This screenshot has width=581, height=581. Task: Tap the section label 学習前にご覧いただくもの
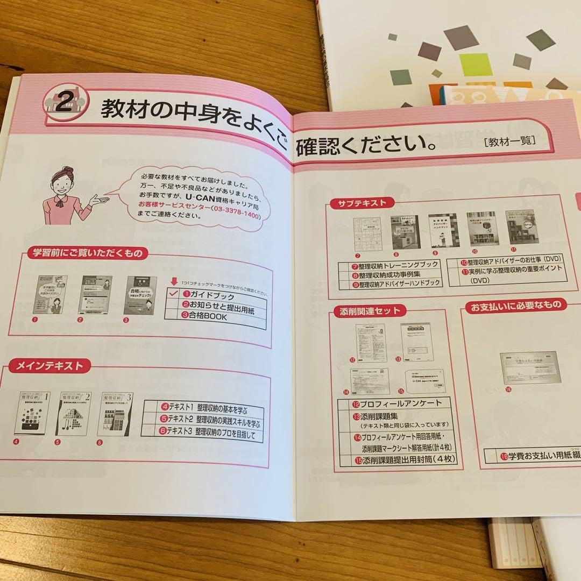click(87, 252)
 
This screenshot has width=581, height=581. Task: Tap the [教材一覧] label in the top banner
click(508, 142)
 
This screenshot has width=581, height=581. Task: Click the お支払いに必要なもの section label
click(515, 305)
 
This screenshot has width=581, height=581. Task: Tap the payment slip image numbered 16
click(530, 367)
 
